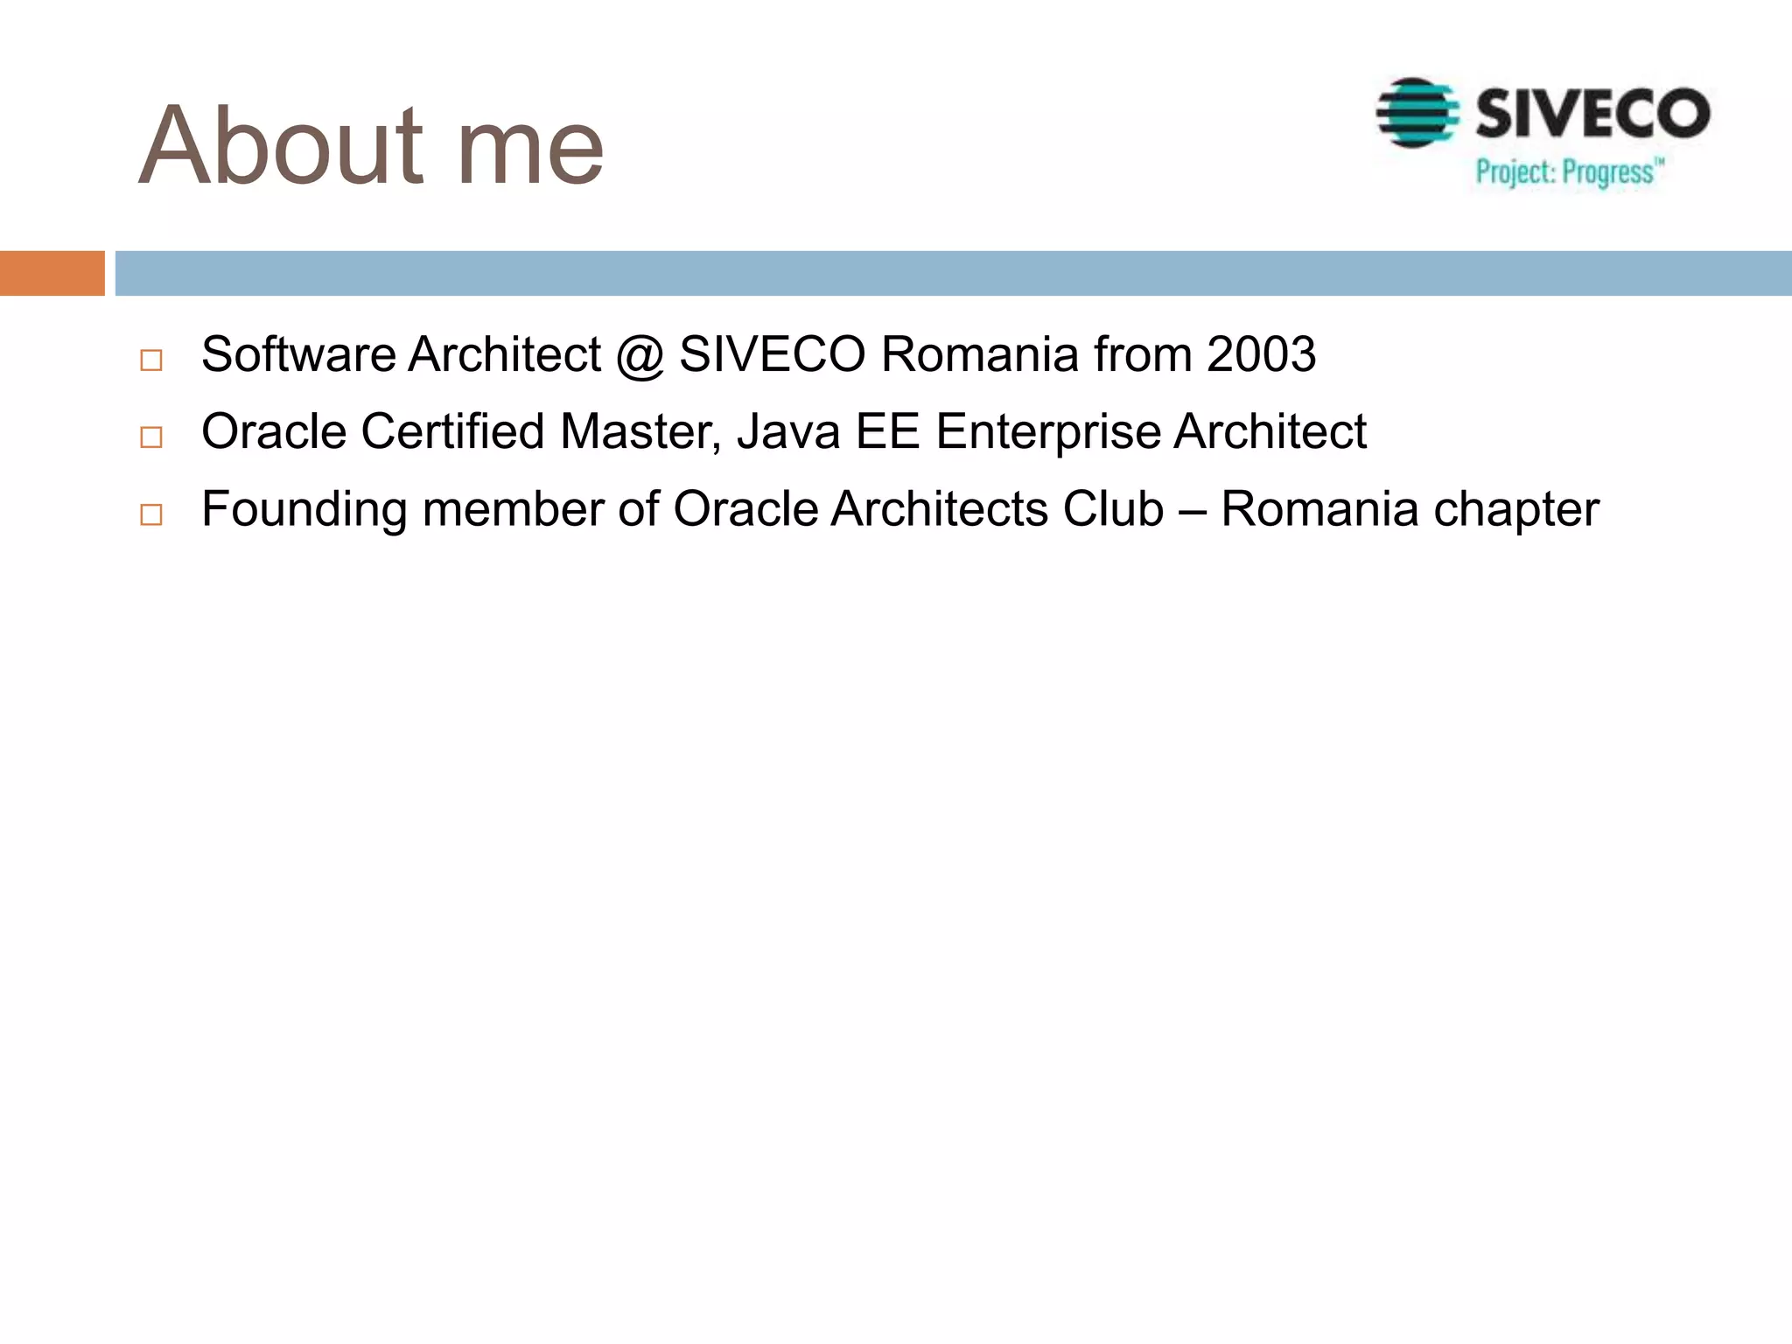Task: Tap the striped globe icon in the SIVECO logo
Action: coord(1417,113)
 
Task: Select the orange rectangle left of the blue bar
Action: coord(52,273)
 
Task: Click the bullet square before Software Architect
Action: coord(151,360)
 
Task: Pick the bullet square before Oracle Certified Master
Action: coord(151,437)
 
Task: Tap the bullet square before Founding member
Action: coord(151,514)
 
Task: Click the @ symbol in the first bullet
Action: coord(640,356)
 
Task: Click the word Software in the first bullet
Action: coord(298,354)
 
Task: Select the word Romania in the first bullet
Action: coord(979,354)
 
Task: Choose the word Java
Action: coord(788,431)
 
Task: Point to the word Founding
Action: coord(304,510)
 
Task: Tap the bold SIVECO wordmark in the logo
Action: coord(1592,114)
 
